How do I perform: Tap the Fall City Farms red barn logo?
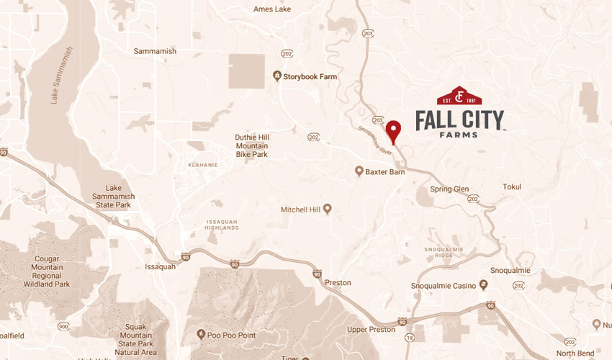pos(459,96)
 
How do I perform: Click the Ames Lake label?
pos(272,9)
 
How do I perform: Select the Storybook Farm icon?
pos(276,76)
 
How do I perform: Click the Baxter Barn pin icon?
pos(359,171)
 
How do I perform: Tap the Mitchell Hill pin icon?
pos(327,210)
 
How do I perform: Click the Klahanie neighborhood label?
pos(202,164)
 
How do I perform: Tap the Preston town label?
pos(338,283)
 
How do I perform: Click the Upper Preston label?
pos(371,329)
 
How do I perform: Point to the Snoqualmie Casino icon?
pos(483,285)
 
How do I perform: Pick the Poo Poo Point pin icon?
pos(201,334)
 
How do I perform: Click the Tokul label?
pos(512,187)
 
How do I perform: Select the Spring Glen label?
pos(449,189)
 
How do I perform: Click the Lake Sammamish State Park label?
pos(113,195)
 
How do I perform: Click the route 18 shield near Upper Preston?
pos(410,336)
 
